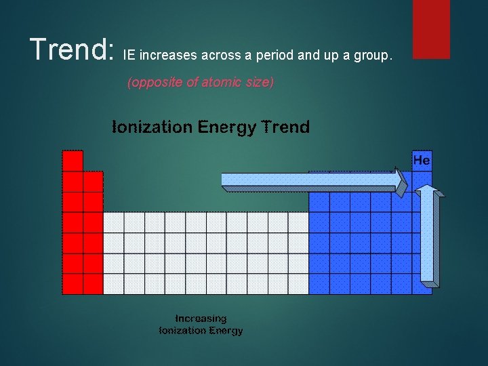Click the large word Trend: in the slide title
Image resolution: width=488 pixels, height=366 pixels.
(x=71, y=49)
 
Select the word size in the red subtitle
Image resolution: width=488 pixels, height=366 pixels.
(x=258, y=83)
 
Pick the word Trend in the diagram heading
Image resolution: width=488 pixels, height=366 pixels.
(x=283, y=127)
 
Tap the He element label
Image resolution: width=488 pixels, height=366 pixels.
(x=422, y=161)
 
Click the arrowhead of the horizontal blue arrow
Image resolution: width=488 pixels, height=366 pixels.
(x=402, y=180)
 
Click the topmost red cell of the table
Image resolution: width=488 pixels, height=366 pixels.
(x=73, y=161)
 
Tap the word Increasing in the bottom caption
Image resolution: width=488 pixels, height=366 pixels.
(x=201, y=318)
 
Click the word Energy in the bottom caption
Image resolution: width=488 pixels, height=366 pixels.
(x=226, y=330)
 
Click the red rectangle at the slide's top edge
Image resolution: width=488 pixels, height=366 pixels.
(x=432, y=28)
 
